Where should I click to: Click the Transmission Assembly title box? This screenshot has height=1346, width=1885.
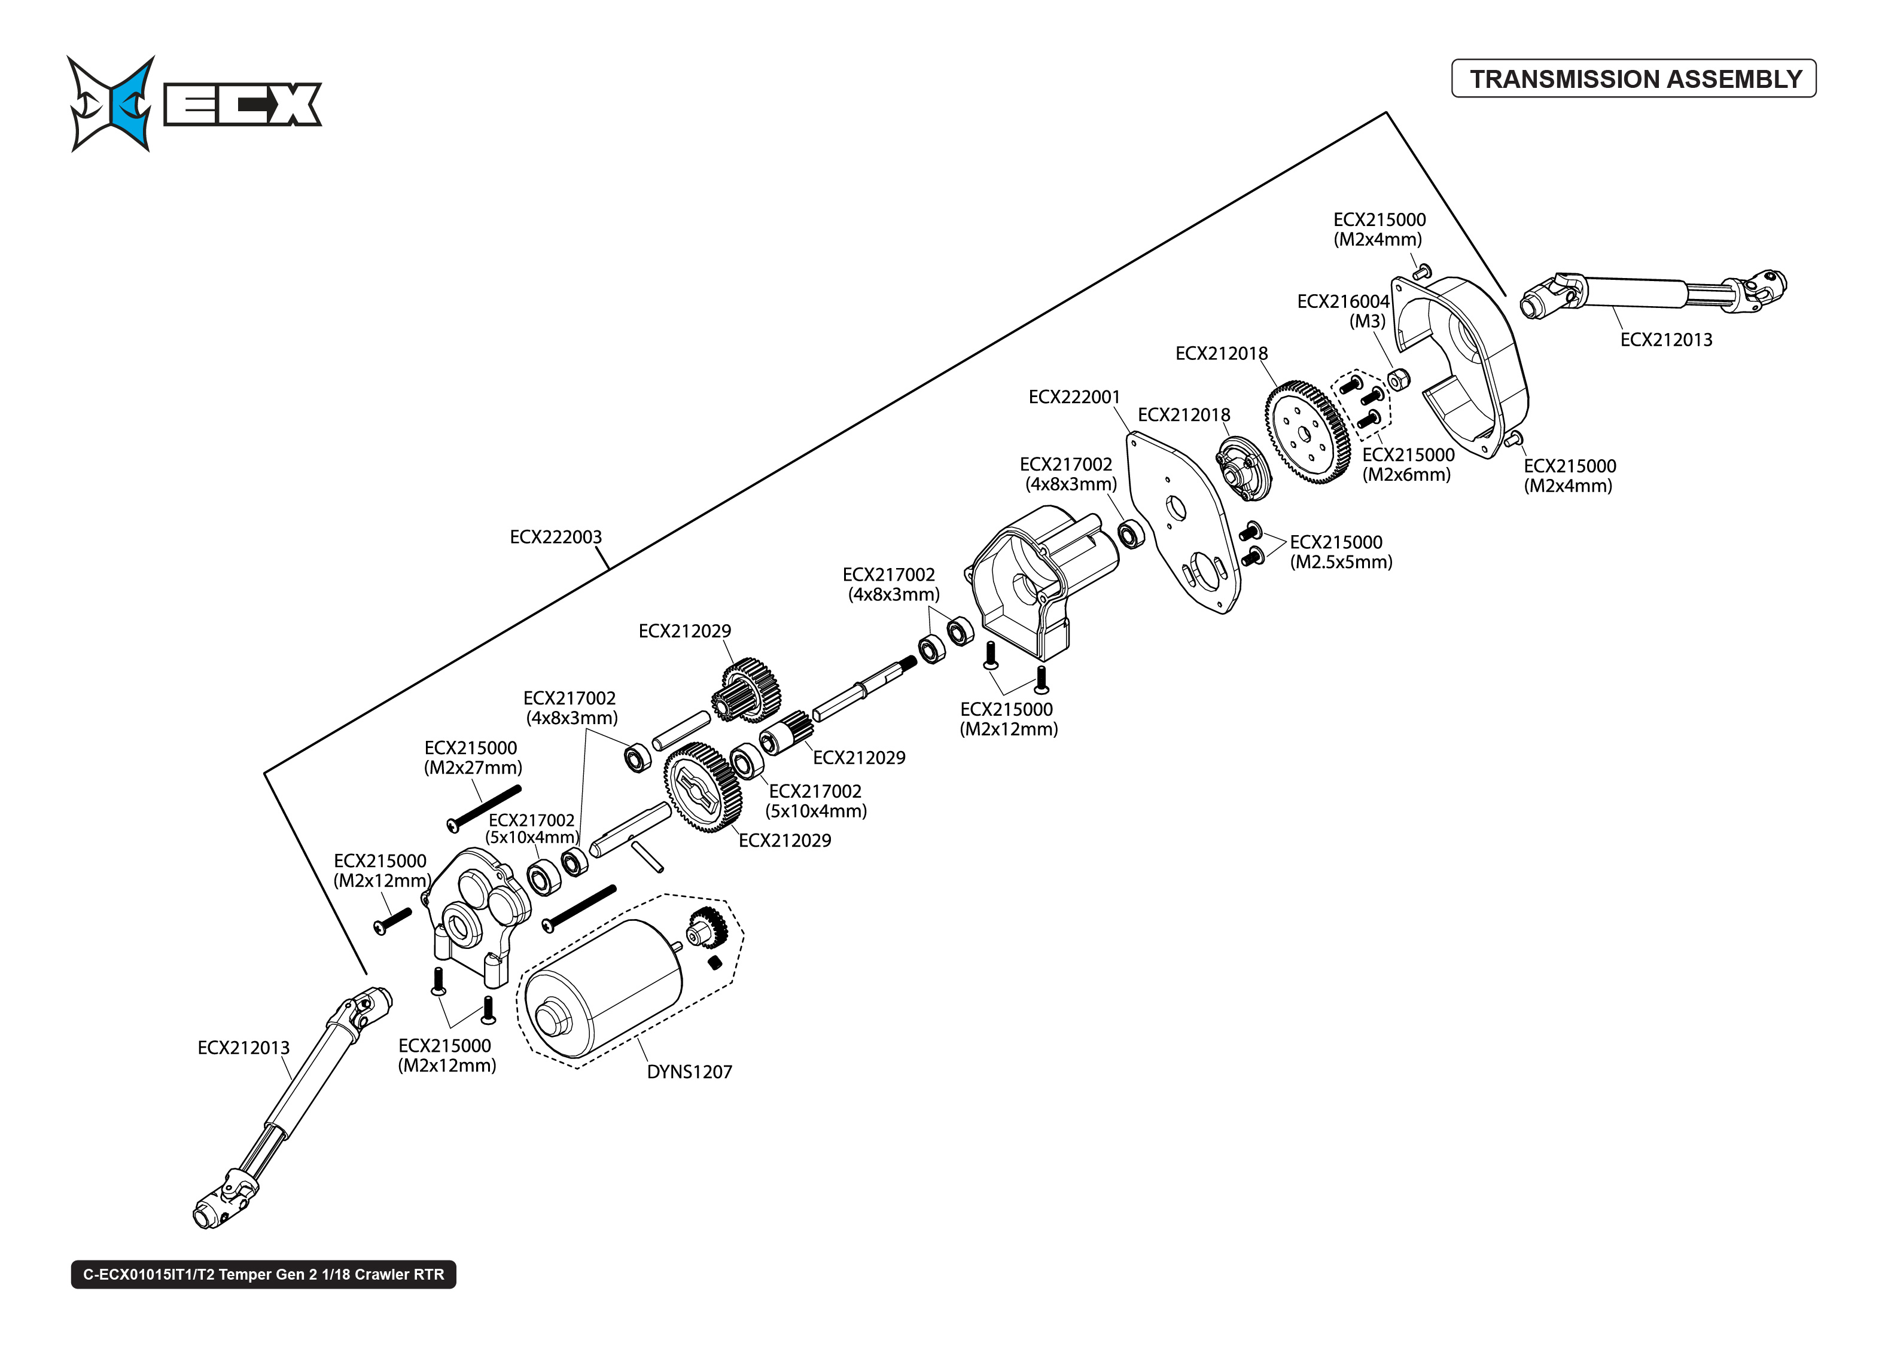coord(1633,79)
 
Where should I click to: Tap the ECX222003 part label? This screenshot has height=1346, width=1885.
coord(555,537)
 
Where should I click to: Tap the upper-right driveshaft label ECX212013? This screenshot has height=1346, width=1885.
coord(1665,340)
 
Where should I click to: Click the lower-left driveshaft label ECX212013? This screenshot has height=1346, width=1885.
coord(243,1048)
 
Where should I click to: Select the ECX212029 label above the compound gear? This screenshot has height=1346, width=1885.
coord(685,631)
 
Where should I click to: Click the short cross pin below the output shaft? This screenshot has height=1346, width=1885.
coord(647,856)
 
